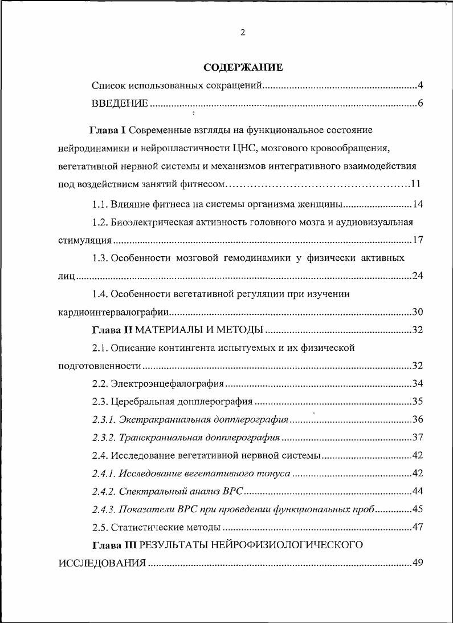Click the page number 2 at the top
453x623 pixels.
(x=243, y=33)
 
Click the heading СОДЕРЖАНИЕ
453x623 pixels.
(x=243, y=67)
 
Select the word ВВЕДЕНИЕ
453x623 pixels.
(x=120, y=103)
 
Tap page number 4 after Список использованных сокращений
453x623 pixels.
(x=420, y=86)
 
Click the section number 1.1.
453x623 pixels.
(x=100, y=204)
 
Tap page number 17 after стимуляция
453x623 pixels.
(x=418, y=240)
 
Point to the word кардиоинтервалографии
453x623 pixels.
(x=114, y=312)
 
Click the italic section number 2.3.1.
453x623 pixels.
(x=104, y=419)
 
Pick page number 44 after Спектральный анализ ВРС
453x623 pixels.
(x=418, y=491)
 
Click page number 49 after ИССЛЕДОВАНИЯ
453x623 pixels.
(x=418, y=563)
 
